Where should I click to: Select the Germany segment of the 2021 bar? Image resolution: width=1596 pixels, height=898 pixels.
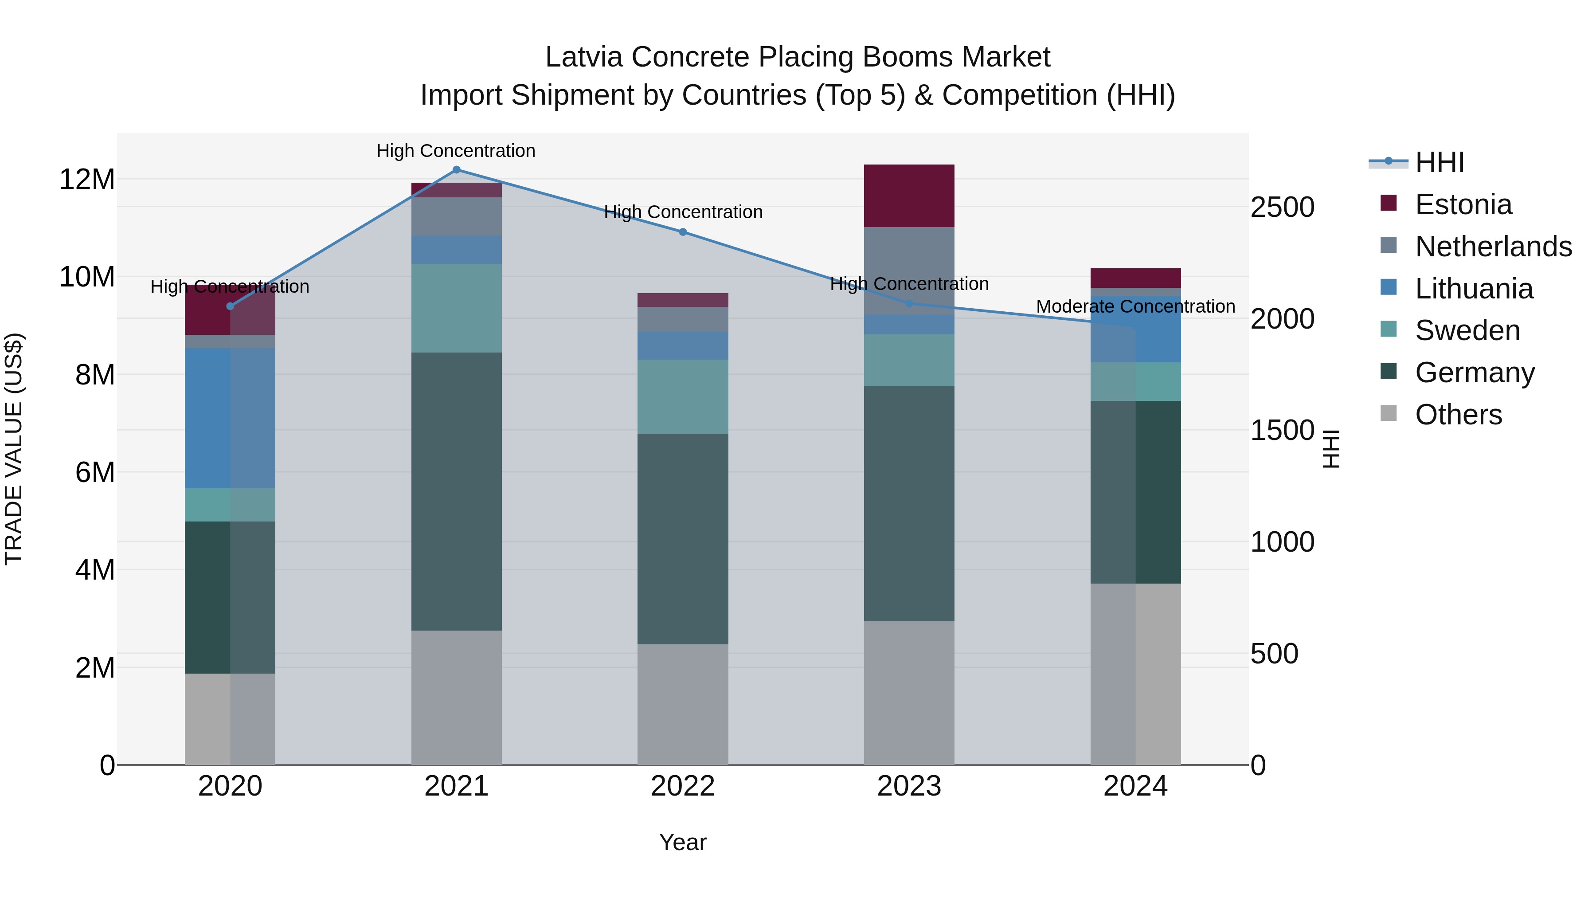pos(456,491)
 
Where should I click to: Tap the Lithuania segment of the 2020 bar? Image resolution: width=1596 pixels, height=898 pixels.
pos(230,418)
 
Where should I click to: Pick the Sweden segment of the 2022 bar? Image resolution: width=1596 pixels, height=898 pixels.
pos(683,396)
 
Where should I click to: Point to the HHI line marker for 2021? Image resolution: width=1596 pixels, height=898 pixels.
pos(456,170)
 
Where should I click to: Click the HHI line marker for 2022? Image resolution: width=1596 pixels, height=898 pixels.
pos(683,232)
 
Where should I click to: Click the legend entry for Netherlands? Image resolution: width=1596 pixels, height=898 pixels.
pos(1493,246)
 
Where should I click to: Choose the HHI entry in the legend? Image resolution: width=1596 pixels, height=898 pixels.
pos(1439,162)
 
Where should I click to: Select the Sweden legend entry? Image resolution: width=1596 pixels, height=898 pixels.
pos(1467,330)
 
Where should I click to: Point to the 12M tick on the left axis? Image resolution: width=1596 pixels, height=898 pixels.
pos(87,180)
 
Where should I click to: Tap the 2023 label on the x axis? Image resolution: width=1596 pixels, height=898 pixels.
pos(909,786)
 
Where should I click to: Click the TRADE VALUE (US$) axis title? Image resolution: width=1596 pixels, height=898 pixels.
pos(14,449)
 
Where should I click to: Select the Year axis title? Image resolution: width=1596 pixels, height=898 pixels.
pos(682,842)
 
